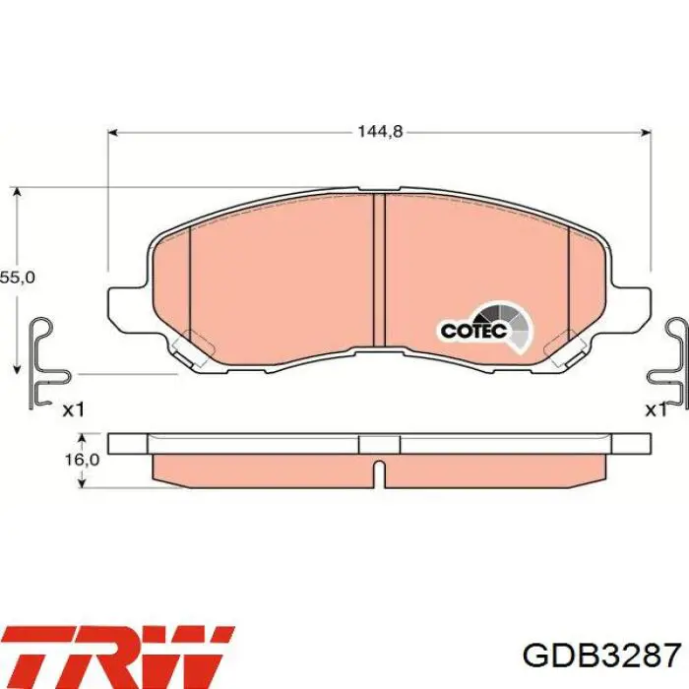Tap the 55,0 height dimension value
(17, 279)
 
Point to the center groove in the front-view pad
(379, 271)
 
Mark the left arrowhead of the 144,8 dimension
(112, 132)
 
